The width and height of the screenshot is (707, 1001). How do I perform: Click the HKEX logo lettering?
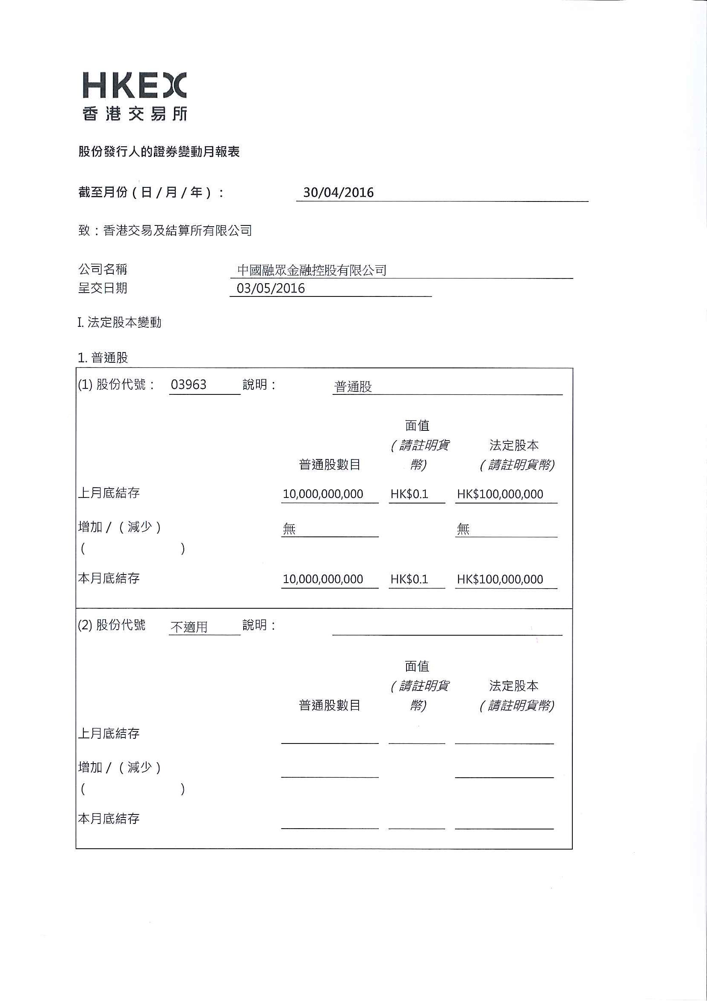pyautogui.click(x=134, y=86)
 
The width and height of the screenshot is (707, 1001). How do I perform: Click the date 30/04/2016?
pyautogui.click(x=339, y=192)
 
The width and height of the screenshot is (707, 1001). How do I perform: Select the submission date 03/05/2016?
pyautogui.click(x=271, y=289)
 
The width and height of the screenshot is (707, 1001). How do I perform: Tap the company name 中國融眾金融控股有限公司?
pyautogui.click(x=312, y=270)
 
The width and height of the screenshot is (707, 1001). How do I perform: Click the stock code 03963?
pyautogui.click(x=189, y=385)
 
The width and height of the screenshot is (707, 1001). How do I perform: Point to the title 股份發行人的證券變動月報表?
pyautogui.click(x=159, y=152)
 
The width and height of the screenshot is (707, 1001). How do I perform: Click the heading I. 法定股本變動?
pyautogui.click(x=119, y=323)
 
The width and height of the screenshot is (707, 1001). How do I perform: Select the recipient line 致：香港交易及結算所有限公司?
pyautogui.click(x=165, y=231)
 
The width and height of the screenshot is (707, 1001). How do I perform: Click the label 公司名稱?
pyautogui.click(x=103, y=269)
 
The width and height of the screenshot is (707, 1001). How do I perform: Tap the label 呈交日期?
pyautogui.click(x=103, y=288)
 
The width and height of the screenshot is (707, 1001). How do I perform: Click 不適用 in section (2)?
pyautogui.click(x=189, y=627)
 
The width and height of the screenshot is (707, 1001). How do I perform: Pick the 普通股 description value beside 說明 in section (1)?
pyautogui.click(x=353, y=387)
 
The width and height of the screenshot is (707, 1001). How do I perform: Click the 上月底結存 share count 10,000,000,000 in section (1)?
pyautogui.click(x=323, y=494)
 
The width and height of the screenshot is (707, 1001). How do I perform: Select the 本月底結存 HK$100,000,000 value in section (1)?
pyautogui.click(x=500, y=579)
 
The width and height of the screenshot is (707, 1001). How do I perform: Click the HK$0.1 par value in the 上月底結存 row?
pyautogui.click(x=409, y=494)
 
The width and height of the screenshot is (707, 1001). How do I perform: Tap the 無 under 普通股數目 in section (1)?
pyautogui.click(x=289, y=529)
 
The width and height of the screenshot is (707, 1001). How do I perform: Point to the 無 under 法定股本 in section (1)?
pyautogui.click(x=463, y=529)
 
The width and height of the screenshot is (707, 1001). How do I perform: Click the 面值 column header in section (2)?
pyautogui.click(x=417, y=666)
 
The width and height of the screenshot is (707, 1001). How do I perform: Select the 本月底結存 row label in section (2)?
pyautogui.click(x=109, y=819)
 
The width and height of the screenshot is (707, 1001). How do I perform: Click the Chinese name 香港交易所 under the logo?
pyautogui.click(x=135, y=114)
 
